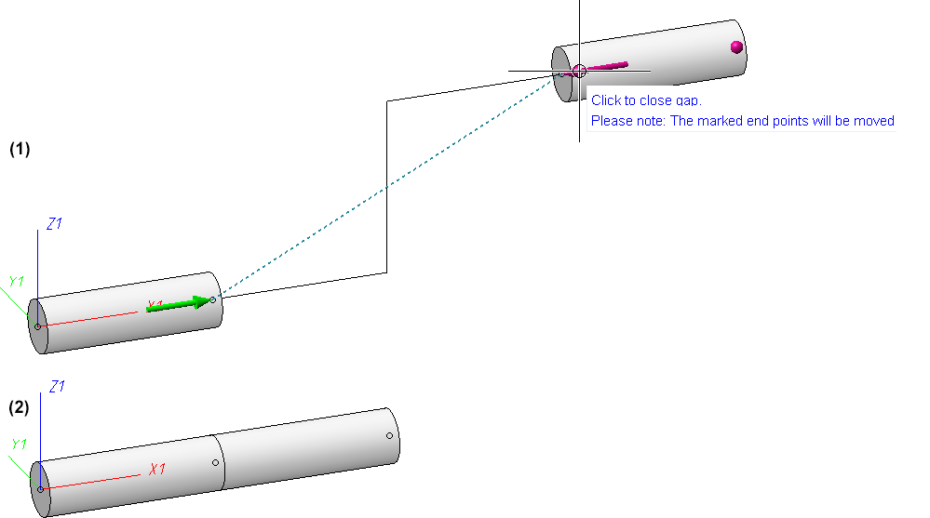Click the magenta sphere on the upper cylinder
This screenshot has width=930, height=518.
coord(736,46)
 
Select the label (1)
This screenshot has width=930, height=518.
coord(20,149)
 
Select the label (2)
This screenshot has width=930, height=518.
coord(20,407)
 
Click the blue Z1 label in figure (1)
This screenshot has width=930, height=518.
coord(54,224)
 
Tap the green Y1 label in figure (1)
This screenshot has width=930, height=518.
coord(16,281)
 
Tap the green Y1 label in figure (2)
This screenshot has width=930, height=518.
coord(18,445)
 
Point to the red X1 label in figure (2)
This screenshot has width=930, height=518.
coord(156,470)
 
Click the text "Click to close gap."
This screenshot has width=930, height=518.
coord(645,100)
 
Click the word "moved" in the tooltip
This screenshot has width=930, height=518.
coord(873,121)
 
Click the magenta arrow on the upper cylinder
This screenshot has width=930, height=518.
coord(607,66)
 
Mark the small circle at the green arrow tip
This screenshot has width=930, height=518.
coord(212,299)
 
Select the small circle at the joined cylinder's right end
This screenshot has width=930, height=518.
coord(389,435)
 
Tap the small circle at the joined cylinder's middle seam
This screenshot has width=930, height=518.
coord(215,462)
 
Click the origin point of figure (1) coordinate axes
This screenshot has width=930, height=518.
coord(37,326)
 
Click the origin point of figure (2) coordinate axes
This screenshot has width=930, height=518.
coord(39,488)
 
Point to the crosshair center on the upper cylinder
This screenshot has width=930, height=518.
coord(579,71)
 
